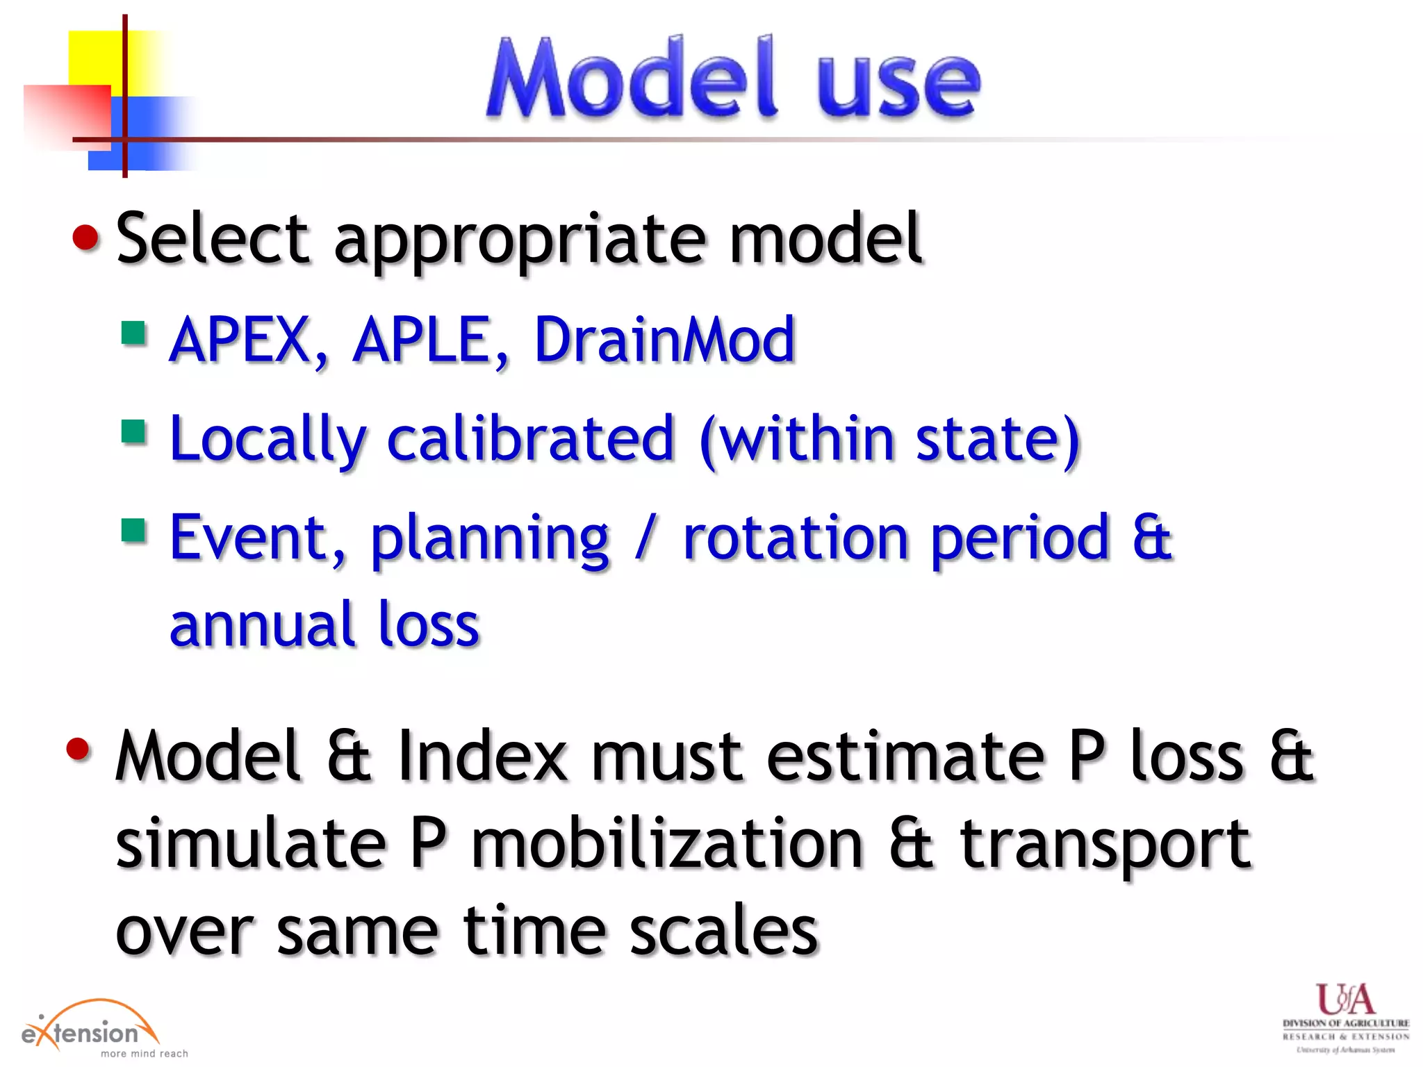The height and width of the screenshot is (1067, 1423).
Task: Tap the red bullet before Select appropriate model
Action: click(x=86, y=238)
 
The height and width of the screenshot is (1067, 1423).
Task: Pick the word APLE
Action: click(x=429, y=340)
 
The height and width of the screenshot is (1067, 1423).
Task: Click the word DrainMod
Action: click(x=664, y=340)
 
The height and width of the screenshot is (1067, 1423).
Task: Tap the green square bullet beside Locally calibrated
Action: click(x=133, y=431)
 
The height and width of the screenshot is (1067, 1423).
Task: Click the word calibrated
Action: click(x=530, y=438)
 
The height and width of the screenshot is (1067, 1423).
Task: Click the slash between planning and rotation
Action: click(x=645, y=538)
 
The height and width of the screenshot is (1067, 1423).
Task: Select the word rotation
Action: click(x=796, y=538)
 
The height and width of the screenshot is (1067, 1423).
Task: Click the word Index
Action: click(x=482, y=756)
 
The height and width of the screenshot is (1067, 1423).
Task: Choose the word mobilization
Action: click(x=667, y=844)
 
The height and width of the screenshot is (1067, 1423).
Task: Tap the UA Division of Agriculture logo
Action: click(x=1345, y=1018)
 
